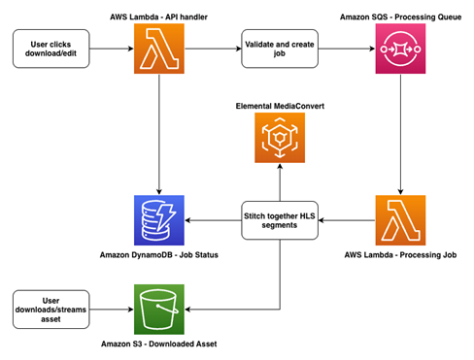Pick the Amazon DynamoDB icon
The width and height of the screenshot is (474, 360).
[158, 220]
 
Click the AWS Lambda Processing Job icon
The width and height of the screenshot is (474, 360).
[400, 220]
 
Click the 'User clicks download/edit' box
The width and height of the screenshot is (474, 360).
[50, 49]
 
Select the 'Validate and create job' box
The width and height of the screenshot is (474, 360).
[280, 49]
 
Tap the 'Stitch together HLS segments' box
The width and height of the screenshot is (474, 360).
[280, 220]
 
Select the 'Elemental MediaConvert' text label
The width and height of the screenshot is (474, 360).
[280, 104]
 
